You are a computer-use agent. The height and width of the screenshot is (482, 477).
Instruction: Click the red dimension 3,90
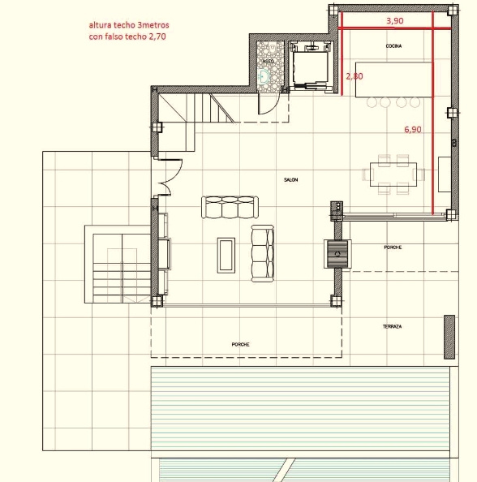tap(394, 20)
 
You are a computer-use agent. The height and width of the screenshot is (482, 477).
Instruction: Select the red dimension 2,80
tap(354, 75)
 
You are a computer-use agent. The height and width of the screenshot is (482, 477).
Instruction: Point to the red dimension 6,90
tap(413, 129)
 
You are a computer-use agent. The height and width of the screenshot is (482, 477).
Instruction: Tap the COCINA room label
tap(394, 47)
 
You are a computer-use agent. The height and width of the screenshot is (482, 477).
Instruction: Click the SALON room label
tap(290, 179)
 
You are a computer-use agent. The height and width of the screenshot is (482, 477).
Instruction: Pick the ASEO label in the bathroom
tap(268, 61)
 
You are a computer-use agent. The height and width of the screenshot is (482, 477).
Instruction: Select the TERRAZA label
tap(393, 326)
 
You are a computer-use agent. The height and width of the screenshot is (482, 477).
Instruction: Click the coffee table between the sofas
tap(226, 254)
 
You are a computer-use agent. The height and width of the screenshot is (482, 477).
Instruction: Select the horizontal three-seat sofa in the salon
tap(230, 208)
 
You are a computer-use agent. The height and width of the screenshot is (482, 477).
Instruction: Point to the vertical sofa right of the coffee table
tap(262, 254)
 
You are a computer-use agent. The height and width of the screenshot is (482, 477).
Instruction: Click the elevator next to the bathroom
tap(308, 67)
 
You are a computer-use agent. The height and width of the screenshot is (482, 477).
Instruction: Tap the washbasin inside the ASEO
tap(264, 78)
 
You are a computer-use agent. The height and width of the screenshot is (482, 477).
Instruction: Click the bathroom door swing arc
tap(268, 104)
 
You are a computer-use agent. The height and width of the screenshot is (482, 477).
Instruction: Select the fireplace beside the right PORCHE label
tap(336, 254)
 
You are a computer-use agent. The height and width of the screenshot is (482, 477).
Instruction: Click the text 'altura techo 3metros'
tap(130, 25)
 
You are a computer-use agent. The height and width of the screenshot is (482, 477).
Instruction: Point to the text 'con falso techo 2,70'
tap(129, 37)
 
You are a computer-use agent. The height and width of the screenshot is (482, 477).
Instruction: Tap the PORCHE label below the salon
tap(240, 345)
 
